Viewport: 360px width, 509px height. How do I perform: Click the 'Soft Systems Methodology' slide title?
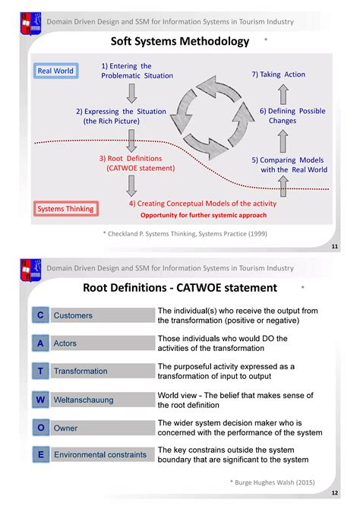click(x=180, y=42)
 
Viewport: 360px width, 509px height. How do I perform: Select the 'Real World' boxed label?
click(x=55, y=71)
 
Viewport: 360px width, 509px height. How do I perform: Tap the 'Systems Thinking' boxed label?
click(x=65, y=209)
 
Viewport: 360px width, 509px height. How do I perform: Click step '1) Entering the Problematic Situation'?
click(x=137, y=71)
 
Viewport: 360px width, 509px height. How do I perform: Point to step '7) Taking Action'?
click(x=278, y=74)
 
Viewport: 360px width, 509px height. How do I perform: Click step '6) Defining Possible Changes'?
click(x=292, y=116)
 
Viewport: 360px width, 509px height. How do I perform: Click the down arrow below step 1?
click(x=131, y=93)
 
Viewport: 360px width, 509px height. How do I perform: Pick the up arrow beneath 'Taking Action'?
click(x=283, y=94)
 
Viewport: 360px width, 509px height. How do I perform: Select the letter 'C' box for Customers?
click(x=39, y=315)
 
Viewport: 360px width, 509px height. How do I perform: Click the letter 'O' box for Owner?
click(x=39, y=428)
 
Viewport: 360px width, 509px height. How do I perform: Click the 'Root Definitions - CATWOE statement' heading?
click(x=179, y=288)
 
